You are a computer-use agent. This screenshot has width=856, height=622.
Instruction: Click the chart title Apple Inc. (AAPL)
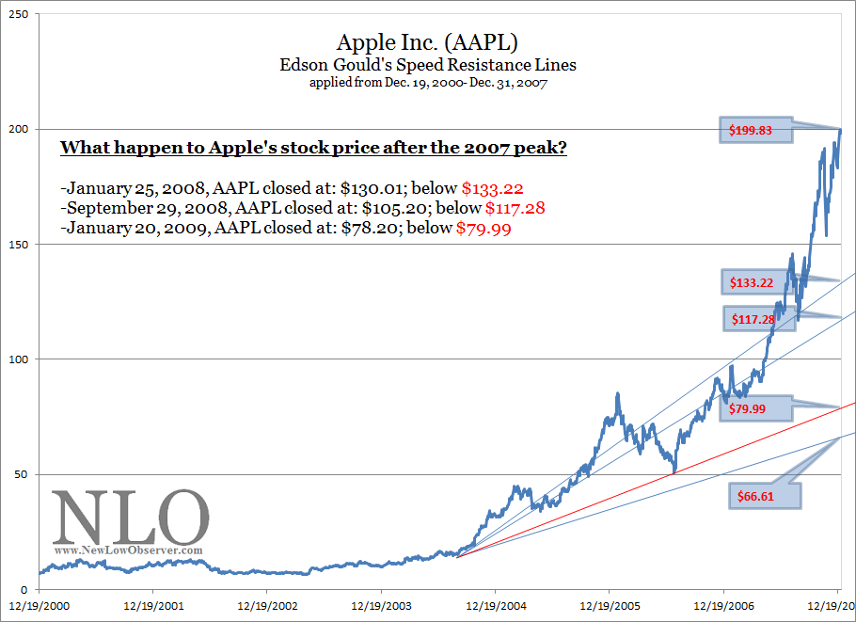click(x=427, y=43)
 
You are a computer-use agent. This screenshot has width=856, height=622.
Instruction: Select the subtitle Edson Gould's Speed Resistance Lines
click(x=427, y=65)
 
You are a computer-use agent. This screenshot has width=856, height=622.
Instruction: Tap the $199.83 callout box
click(x=758, y=131)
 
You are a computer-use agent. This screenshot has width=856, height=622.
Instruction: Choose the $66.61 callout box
click(x=765, y=496)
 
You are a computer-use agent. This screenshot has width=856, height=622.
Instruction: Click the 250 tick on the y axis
click(x=19, y=14)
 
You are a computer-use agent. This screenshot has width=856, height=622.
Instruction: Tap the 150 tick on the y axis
click(x=19, y=244)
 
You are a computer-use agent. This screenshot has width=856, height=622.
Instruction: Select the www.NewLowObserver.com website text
click(x=128, y=550)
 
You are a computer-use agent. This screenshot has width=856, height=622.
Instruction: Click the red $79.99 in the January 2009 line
click(x=483, y=229)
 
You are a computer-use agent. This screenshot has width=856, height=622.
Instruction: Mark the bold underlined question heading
click(x=313, y=149)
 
